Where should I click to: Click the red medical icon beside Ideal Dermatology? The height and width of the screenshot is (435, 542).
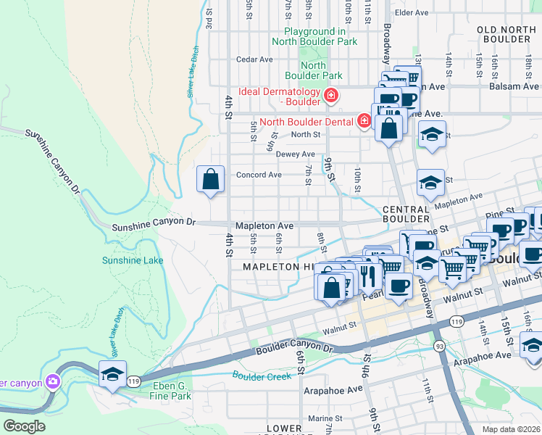point(331,95)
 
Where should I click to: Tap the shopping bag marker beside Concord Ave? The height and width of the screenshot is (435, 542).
point(210,179)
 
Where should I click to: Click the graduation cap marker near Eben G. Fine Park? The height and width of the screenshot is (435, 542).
point(112,375)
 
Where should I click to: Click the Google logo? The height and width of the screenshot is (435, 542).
point(24,426)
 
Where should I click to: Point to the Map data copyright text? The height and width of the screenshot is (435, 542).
point(512,428)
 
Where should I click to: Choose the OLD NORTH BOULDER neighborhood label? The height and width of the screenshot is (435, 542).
point(506,34)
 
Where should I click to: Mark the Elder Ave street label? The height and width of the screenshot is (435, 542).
point(412,12)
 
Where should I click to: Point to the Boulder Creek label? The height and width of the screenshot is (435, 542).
point(262,376)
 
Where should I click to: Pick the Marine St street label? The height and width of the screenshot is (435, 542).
point(323,418)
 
